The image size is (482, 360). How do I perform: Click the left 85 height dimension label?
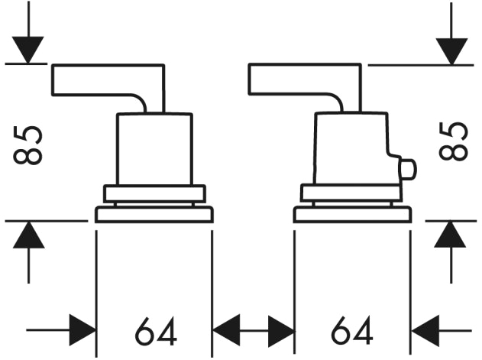click(27, 145)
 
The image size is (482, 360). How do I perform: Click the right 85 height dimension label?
click(453, 141)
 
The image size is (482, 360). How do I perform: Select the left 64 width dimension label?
click(156, 331)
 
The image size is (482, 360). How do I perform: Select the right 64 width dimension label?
click(352, 330)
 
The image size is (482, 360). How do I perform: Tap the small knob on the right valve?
click(407, 169)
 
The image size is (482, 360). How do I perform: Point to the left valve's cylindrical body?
click(154, 149)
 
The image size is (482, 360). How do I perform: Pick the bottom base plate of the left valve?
click(154, 215)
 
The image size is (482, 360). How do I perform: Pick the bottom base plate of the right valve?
click(353, 215)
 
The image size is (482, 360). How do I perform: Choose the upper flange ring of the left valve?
click(154, 193)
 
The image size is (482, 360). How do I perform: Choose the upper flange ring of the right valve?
click(351, 193)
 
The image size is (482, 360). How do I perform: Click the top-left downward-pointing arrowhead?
click(28, 50)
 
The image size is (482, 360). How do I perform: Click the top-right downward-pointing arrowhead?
click(451, 51)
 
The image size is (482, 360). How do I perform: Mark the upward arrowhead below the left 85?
click(28, 235)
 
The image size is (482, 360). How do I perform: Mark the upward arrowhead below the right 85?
click(450, 235)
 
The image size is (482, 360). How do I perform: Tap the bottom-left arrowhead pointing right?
click(82, 330)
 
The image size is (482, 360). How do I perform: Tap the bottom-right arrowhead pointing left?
click(425, 331)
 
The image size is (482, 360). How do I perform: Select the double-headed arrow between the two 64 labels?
click(254, 331)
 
